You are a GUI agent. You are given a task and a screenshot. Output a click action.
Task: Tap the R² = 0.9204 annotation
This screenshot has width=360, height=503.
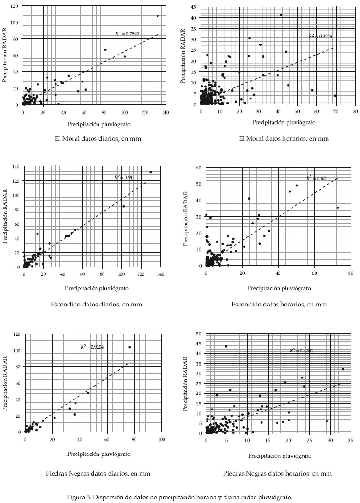tap(92, 347)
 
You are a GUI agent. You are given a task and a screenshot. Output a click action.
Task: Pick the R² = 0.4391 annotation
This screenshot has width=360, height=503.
tap(301, 350)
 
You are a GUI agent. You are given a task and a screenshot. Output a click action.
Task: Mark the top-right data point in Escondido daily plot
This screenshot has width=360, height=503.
tap(150, 172)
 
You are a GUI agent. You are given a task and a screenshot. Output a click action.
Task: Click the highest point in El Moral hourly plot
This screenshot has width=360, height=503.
tap(281, 15)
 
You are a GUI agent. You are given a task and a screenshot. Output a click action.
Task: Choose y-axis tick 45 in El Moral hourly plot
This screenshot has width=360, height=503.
tap(194, 7)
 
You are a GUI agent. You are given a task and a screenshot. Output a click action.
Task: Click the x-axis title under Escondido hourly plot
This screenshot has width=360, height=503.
tap(279, 289)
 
